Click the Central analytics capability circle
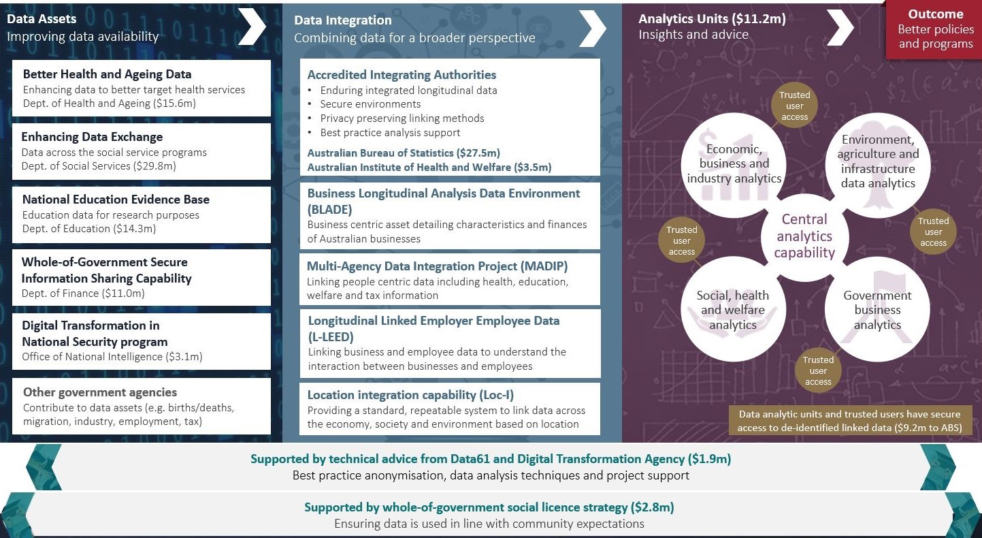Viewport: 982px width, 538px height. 804,236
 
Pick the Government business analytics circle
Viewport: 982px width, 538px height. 877,309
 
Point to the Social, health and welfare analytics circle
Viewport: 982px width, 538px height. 733,309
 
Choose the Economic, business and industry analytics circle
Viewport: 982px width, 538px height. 734,165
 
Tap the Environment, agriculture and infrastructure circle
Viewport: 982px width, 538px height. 878,165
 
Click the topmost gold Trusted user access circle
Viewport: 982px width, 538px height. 794,106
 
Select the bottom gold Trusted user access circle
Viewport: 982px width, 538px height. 818,370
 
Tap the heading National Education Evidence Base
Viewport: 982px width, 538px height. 116,200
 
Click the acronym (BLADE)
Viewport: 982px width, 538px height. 329,209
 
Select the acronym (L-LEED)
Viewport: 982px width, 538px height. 331,336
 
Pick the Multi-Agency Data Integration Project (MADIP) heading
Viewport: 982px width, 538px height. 437,266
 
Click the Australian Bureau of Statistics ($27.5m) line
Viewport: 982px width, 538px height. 404,153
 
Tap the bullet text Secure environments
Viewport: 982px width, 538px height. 370,104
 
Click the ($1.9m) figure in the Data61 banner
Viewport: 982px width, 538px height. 709,459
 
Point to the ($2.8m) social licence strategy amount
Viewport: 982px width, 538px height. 653,507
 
